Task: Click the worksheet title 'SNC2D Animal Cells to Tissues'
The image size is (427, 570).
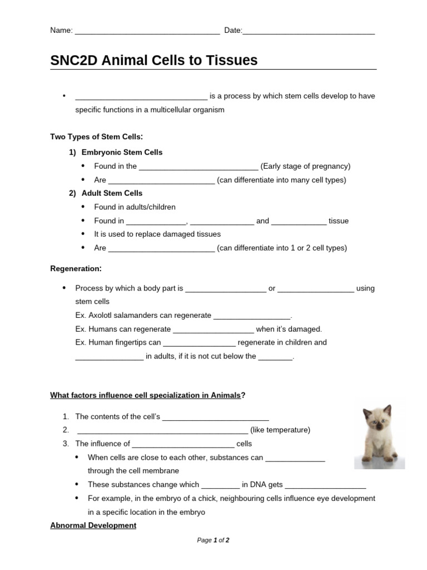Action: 154,61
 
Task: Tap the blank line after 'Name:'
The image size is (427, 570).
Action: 147,31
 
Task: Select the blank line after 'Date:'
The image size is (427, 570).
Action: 309,31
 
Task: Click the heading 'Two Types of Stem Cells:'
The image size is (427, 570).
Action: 97,136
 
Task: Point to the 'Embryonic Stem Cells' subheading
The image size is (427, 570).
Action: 122,152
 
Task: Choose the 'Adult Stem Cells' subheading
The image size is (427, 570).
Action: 112,193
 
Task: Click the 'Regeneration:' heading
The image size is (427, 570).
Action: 76,268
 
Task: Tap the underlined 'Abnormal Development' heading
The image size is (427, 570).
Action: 93,525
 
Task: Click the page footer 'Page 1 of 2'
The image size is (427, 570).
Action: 213,540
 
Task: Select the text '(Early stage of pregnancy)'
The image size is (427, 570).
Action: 305,166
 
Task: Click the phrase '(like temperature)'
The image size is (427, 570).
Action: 280,430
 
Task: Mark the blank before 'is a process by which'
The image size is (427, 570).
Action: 141,96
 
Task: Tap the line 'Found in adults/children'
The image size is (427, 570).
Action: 135,207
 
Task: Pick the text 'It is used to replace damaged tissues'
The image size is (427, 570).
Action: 157,234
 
